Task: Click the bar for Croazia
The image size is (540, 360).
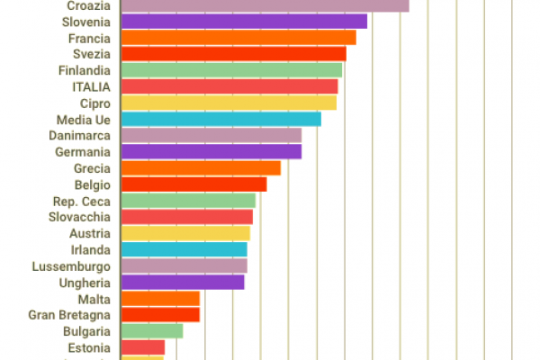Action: tap(265, 5)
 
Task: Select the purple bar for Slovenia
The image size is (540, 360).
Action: tap(243, 22)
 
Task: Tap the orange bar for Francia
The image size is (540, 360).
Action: tap(238, 38)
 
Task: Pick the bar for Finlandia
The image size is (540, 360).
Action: tap(230, 70)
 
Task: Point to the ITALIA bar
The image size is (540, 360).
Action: tap(229, 86)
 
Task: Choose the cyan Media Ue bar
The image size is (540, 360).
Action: tap(220, 119)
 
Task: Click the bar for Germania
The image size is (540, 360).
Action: tap(211, 151)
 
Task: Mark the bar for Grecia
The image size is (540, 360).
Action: tap(200, 168)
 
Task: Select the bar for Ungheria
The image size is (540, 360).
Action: tap(182, 283)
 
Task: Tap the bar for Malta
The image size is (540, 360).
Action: tap(159, 299)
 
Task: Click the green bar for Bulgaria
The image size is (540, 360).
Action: tap(151, 331)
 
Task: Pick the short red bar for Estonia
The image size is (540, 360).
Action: tap(142, 347)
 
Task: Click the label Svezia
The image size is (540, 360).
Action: tap(92, 54)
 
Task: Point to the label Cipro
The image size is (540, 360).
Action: tap(95, 103)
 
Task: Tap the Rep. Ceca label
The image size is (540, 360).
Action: tap(82, 201)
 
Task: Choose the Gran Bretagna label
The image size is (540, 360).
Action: tap(69, 315)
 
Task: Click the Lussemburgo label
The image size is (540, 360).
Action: tap(71, 266)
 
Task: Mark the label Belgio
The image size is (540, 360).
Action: tap(93, 184)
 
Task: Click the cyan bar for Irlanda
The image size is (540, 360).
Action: tap(183, 249)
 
